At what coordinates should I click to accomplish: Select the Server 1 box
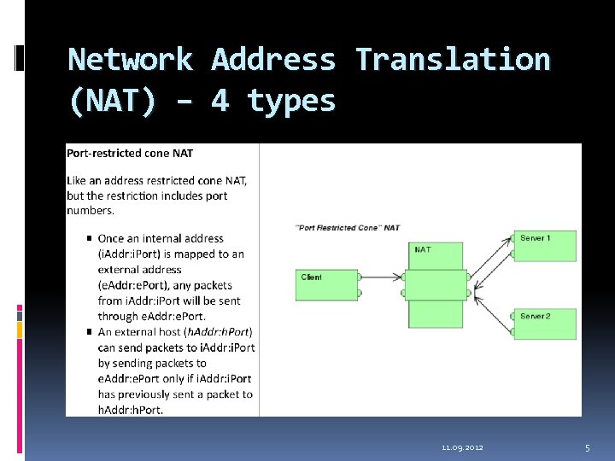coord(544,246)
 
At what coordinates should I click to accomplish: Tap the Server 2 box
coord(544,324)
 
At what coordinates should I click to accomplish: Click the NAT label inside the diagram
coord(423,249)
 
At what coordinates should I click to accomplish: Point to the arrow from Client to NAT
coord(381,277)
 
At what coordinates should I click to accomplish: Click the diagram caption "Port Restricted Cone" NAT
coord(347,227)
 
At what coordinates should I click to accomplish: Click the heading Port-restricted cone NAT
coord(130,154)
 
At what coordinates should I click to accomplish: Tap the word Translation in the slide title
coord(453,60)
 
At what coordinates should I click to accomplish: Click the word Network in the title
coord(130,60)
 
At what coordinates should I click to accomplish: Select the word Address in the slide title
coord(273,60)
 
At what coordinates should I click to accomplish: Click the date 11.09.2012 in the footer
coord(462,447)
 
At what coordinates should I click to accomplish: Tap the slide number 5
coord(588,447)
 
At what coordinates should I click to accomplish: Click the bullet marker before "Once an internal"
coord(90,239)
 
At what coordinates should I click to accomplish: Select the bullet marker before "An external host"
coord(90,332)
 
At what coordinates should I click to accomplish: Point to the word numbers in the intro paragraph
coord(91,210)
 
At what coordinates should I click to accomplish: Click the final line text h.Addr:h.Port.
coord(130,410)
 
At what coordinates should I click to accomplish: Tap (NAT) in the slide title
coord(112,102)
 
